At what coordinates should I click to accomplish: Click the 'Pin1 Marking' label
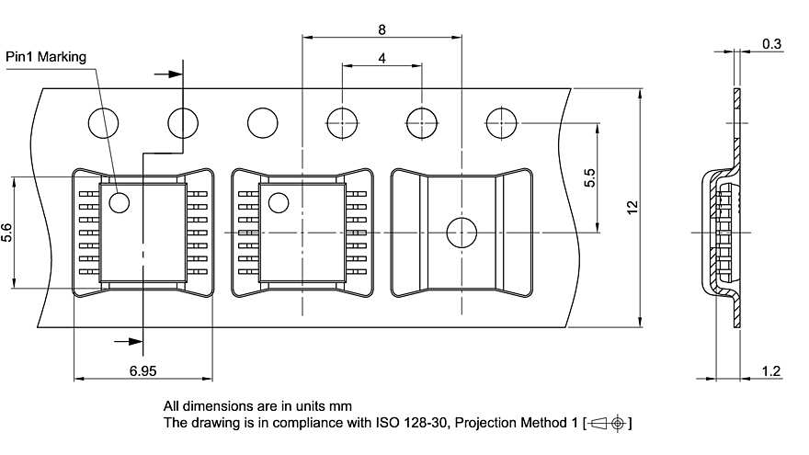pos(46,57)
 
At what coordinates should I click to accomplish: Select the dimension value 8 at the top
pos(382,29)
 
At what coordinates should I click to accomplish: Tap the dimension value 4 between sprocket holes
pos(381,57)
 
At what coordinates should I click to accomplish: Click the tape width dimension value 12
pos(632,207)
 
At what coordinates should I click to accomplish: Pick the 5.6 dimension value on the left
pos(7,233)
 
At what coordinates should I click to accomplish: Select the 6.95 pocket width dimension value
pos(142,370)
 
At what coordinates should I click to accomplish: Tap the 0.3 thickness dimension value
pos(772,43)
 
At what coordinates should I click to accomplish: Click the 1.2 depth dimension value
pos(772,370)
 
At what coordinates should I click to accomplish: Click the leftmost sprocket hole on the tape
pos(103,122)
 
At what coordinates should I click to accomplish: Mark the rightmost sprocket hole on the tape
pos(501,122)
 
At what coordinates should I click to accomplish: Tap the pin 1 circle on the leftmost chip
pos(119,201)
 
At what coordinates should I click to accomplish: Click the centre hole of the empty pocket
pos(461,233)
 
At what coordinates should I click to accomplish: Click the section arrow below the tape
pos(130,341)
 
